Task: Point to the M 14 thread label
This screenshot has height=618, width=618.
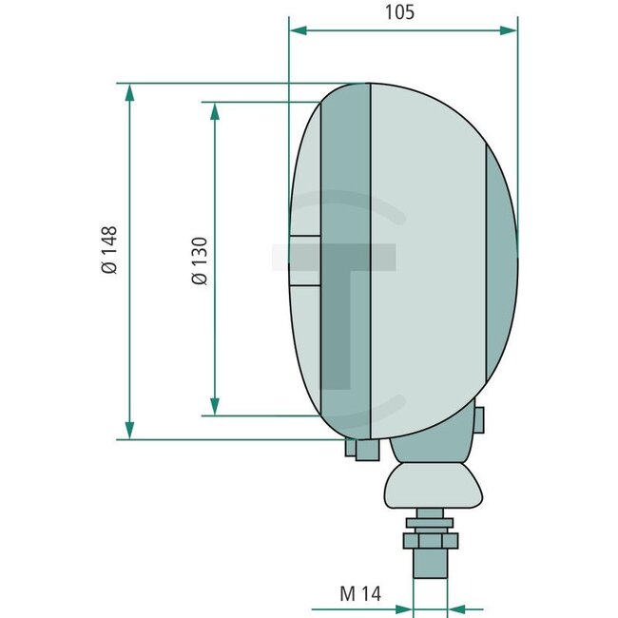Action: click(x=359, y=595)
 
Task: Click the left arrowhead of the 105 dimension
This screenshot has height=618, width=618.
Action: click(x=298, y=30)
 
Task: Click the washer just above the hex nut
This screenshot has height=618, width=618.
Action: click(x=432, y=523)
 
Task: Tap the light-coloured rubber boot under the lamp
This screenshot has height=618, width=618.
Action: click(x=432, y=487)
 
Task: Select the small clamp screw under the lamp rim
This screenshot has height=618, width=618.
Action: click(x=358, y=449)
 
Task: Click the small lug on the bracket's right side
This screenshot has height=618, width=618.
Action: click(x=481, y=418)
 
